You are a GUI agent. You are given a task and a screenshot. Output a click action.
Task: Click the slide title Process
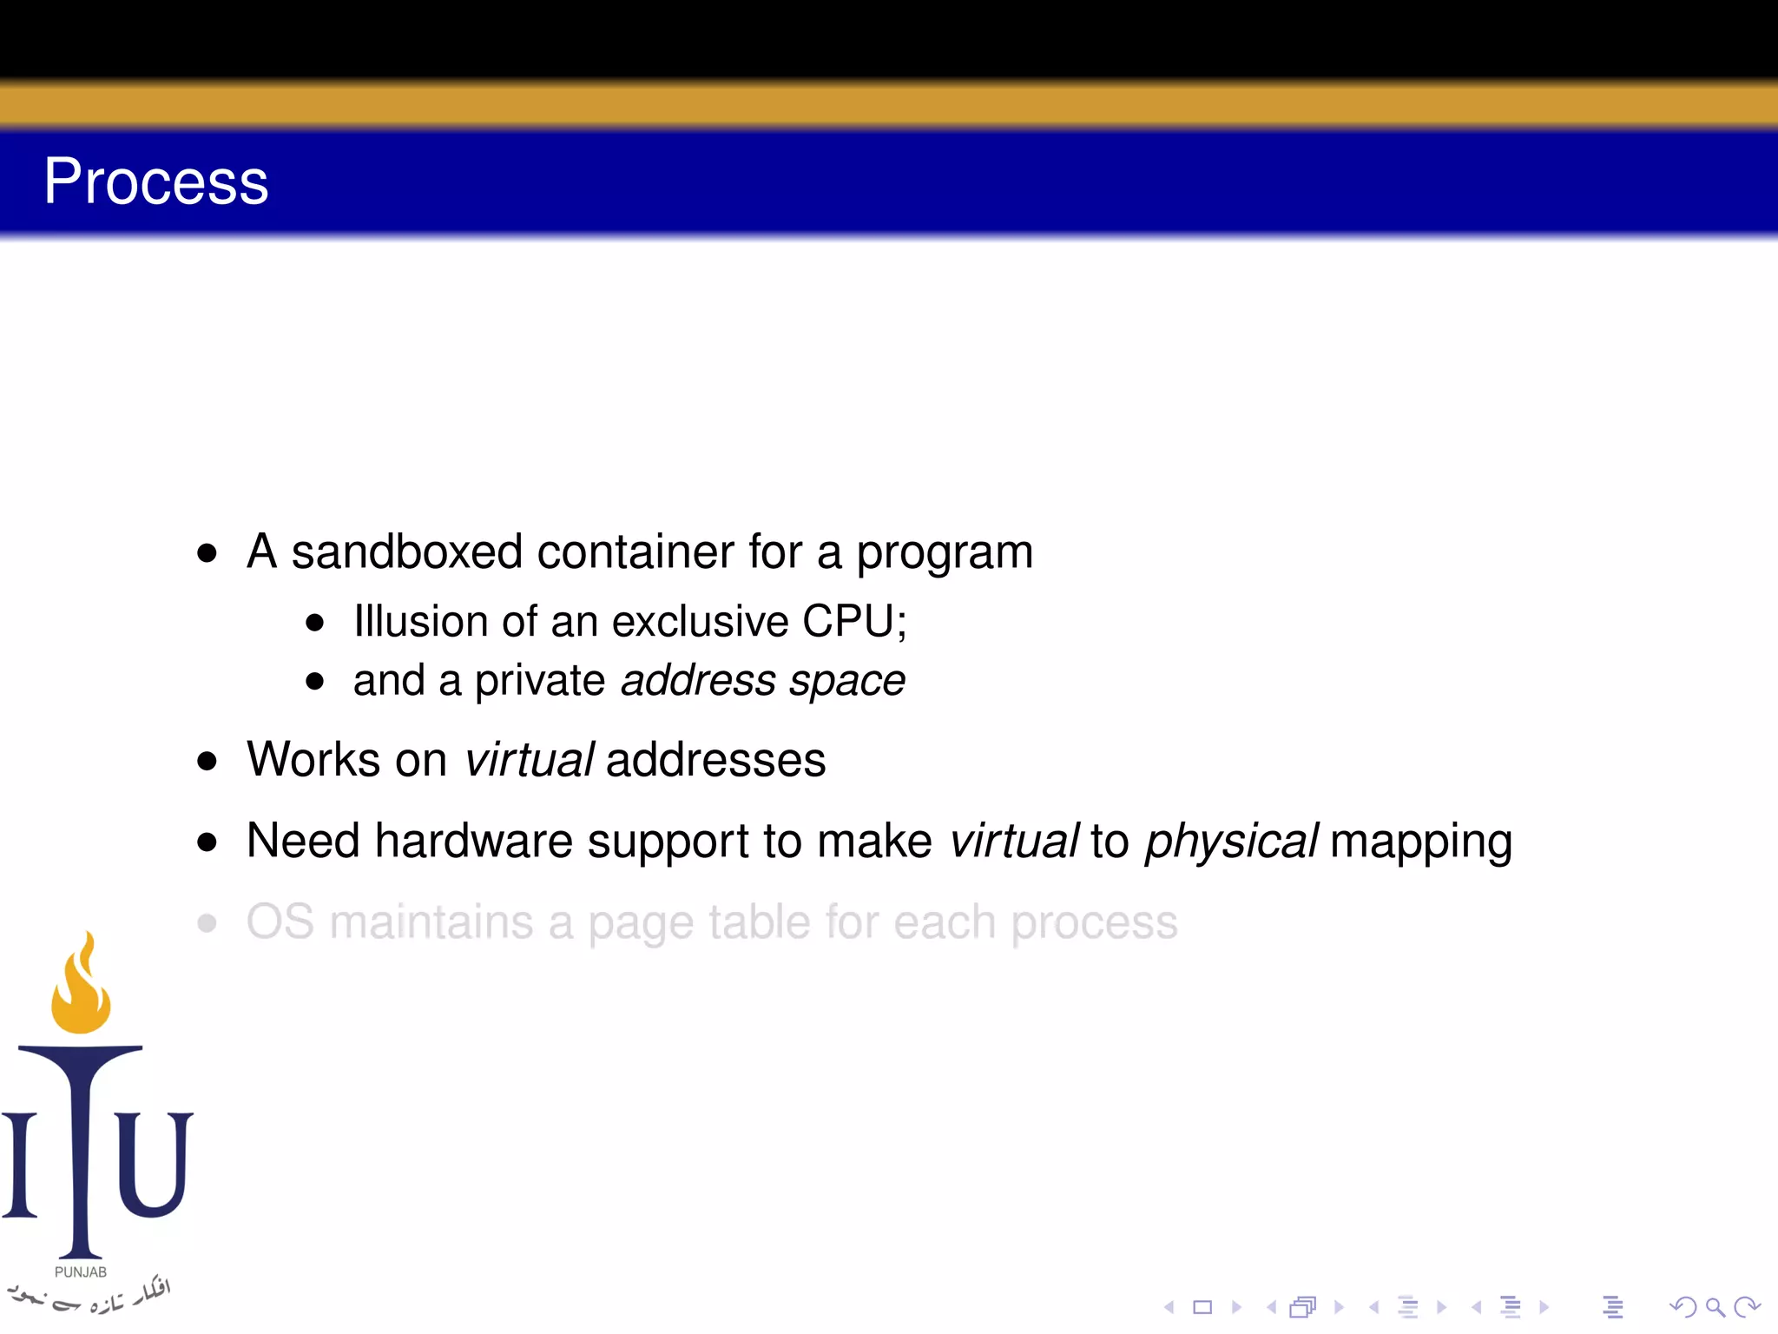[156, 182]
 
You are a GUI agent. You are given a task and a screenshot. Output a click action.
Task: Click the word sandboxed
[406, 552]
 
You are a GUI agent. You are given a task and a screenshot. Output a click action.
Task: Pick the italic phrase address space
[763, 681]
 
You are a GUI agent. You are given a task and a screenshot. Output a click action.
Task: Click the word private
[539, 681]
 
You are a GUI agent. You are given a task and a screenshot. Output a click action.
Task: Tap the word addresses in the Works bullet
[715, 760]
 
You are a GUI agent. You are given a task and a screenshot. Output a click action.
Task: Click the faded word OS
[280, 922]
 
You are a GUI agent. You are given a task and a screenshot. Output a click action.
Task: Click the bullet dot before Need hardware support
[207, 842]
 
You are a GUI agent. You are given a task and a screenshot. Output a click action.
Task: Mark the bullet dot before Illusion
[314, 623]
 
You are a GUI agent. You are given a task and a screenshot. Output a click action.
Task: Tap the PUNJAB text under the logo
[81, 1272]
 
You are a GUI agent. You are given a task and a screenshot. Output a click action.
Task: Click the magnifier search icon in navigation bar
[1715, 1307]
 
